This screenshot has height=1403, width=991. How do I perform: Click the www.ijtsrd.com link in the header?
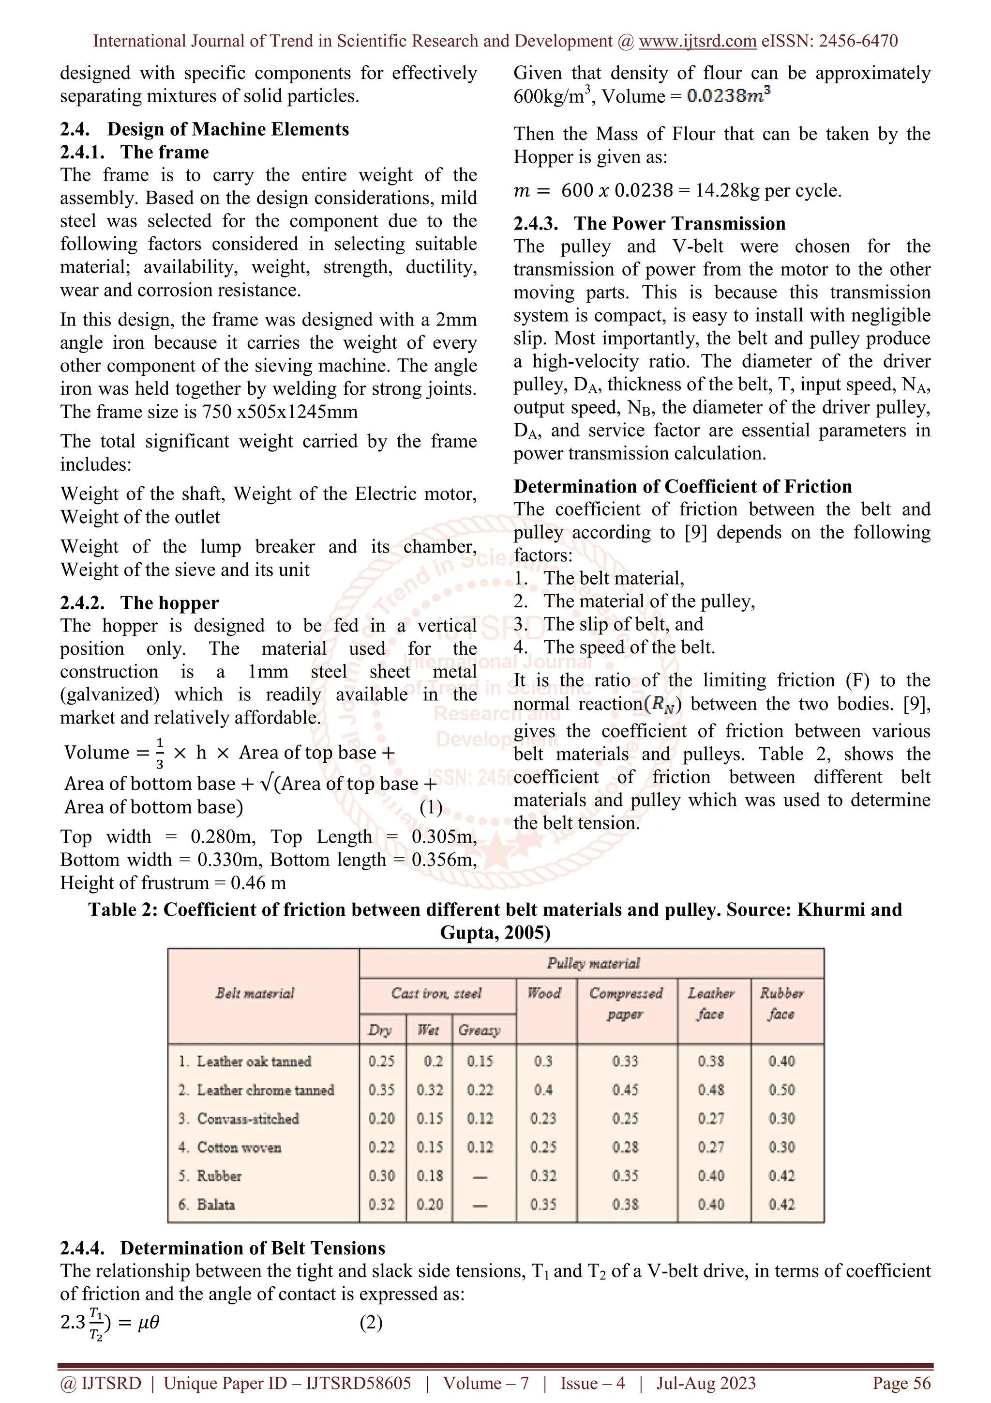coord(697,41)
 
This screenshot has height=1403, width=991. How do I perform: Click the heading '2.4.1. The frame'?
coord(135,152)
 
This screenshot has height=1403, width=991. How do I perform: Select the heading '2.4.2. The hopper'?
coord(139,602)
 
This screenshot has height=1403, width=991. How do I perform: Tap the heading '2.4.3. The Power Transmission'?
coord(649,223)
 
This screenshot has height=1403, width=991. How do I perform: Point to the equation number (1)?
coord(431,807)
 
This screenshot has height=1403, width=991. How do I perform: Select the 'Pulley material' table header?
coord(592,963)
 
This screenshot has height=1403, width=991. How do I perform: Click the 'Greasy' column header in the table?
coord(480,1030)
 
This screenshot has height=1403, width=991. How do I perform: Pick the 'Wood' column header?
coord(544,993)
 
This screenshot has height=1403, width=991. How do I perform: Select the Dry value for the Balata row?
coord(381,1204)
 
